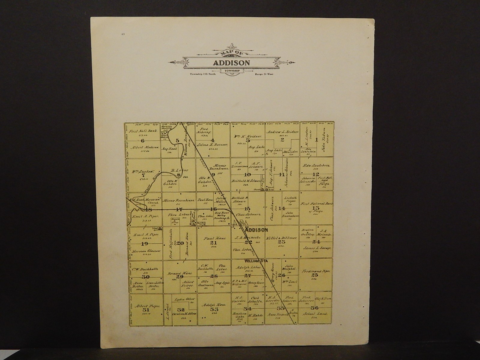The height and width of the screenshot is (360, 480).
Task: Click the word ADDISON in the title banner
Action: pos(231,63)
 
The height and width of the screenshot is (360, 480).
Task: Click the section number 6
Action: pos(142,141)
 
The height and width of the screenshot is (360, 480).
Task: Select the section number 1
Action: pos(317,139)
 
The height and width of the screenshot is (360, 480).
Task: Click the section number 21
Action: pos(213,242)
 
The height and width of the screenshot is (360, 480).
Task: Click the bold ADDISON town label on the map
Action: pos(256,230)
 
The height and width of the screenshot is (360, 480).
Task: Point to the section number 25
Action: pos(314,275)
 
